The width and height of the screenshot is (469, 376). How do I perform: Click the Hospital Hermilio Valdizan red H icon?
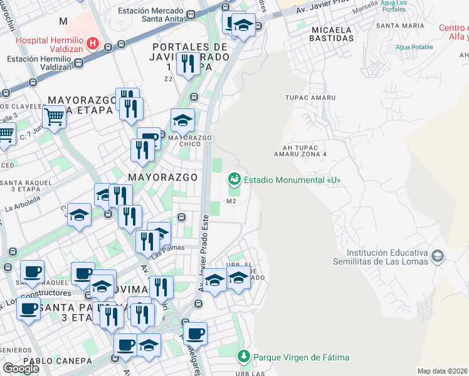click(93, 43)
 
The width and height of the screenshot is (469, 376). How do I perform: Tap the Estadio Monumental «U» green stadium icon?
click(234, 180)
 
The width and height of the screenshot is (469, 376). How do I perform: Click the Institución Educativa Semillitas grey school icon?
click(437, 256)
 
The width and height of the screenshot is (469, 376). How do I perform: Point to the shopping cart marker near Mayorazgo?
click(54, 115)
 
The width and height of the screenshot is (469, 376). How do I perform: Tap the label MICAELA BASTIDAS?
click(331, 34)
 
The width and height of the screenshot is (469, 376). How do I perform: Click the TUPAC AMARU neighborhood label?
click(310, 98)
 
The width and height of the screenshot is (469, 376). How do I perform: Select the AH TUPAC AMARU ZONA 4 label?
click(301, 150)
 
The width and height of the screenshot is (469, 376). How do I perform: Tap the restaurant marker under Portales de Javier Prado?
click(187, 64)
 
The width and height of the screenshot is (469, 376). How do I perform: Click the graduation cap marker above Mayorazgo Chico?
click(182, 120)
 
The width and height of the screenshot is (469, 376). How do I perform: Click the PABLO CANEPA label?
click(49, 361)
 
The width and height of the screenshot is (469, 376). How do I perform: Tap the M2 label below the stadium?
click(231, 201)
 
